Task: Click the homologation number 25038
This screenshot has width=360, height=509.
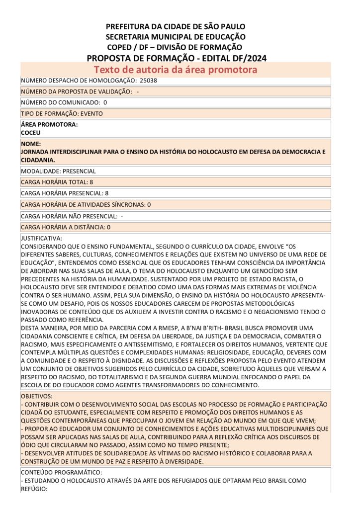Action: coord(149,81)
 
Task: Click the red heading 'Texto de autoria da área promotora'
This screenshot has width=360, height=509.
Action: coord(176,70)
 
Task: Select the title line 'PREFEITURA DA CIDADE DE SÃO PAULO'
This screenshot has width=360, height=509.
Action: coord(176,26)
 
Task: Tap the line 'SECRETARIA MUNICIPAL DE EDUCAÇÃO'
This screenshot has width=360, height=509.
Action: coord(176,37)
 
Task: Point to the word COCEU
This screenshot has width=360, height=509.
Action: coord(31,133)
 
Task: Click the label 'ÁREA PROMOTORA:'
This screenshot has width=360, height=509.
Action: coord(49,125)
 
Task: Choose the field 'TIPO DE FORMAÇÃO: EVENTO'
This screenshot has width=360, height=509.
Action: coord(62,113)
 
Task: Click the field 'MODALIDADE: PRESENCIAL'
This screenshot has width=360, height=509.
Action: coord(59,171)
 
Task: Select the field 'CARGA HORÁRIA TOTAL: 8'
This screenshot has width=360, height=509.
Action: coord(57,182)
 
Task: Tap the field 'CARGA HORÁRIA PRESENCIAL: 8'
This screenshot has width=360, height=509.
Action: coord(65,193)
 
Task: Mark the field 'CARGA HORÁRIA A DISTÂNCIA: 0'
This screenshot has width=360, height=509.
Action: coord(66,227)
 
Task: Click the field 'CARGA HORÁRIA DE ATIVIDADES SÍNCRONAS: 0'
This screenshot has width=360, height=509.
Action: coord(86,204)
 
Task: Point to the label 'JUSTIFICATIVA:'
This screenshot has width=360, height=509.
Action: coord(41,239)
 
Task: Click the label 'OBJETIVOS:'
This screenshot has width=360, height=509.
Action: coord(36,397)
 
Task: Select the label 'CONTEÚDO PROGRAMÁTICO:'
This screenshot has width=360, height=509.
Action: coord(62,472)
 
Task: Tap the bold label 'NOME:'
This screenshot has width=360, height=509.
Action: coord(30,144)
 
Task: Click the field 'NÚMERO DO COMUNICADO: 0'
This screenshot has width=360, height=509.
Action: coord(64,102)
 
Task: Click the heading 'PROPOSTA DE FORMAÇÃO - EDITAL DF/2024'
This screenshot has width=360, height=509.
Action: coord(177,58)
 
